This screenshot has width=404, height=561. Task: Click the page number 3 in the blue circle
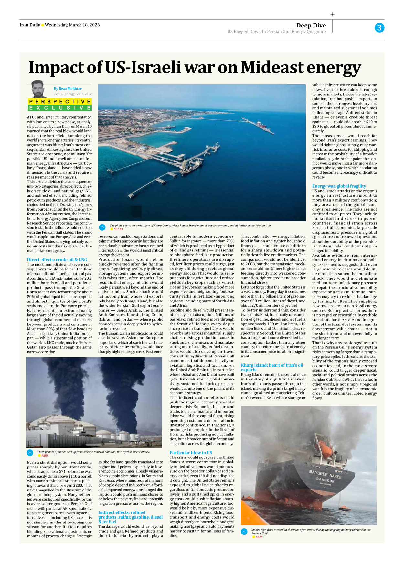coord(379,28)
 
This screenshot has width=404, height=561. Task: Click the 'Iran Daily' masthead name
coord(30,25)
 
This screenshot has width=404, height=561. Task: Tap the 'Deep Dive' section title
coord(311,25)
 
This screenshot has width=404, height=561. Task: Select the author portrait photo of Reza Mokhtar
coord(38,89)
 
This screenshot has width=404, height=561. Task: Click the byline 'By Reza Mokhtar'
coord(68,89)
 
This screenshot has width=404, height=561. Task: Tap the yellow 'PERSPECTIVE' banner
coord(60,102)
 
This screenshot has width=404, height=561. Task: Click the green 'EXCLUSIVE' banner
coord(60,108)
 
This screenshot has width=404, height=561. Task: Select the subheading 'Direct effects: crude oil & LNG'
coord(57,260)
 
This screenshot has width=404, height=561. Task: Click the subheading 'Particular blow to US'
coord(191,453)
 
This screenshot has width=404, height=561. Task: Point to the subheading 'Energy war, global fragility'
coord(339,186)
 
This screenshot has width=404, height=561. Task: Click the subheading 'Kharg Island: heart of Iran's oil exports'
coord(271,368)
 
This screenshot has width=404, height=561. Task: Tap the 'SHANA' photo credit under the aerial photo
coord(118,229)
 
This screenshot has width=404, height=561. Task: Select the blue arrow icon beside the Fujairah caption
coord(30,453)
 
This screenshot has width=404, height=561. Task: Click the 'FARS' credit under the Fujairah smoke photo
coord(45,456)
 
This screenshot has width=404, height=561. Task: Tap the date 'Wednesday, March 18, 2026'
coord(72,25)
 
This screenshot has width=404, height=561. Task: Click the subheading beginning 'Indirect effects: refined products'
coord(130,517)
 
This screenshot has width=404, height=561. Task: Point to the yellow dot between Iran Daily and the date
coord(42,25)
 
